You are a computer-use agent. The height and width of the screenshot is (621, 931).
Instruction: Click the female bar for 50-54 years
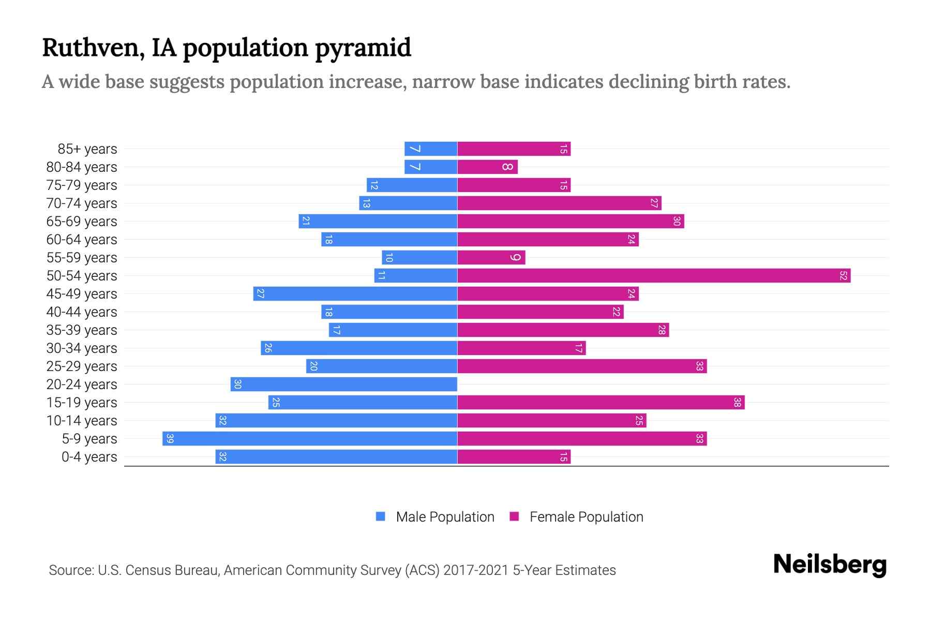(x=654, y=276)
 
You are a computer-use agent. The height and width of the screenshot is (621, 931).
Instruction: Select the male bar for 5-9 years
(x=310, y=439)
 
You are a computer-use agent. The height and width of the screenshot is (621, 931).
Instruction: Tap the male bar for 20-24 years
(x=344, y=385)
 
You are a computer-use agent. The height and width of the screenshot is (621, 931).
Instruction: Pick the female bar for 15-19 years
(x=600, y=403)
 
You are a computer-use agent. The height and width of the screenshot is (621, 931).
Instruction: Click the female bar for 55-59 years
(x=491, y=258)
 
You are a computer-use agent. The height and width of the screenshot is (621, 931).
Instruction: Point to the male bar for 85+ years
(x=431, y=149)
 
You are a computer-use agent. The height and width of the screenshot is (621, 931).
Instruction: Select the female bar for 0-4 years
(x=514, y=457)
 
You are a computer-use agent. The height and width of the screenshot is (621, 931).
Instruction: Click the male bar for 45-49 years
(x=355, y=294)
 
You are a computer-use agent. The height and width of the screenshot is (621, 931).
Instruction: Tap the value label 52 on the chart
(x=843, y=276)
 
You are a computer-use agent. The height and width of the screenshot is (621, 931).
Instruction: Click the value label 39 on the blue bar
(x=170, y=439)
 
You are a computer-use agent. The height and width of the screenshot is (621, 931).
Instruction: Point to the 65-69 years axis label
(x=82, y=221)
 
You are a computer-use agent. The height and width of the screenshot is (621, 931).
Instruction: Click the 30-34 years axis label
(x=82, y=348)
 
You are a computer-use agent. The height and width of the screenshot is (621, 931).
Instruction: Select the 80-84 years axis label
(x=82, y=167)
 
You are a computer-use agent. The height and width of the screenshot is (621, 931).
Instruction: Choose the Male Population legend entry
(x=445, y=517)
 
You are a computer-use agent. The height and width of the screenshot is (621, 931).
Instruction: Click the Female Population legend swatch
(x=514, y=516)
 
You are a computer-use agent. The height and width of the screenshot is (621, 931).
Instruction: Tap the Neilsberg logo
(x=830, y=565)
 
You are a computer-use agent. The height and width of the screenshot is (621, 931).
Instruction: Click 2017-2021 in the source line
(x=476, y=570)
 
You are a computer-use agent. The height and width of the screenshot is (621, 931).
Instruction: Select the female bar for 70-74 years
(x=559, y=203)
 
